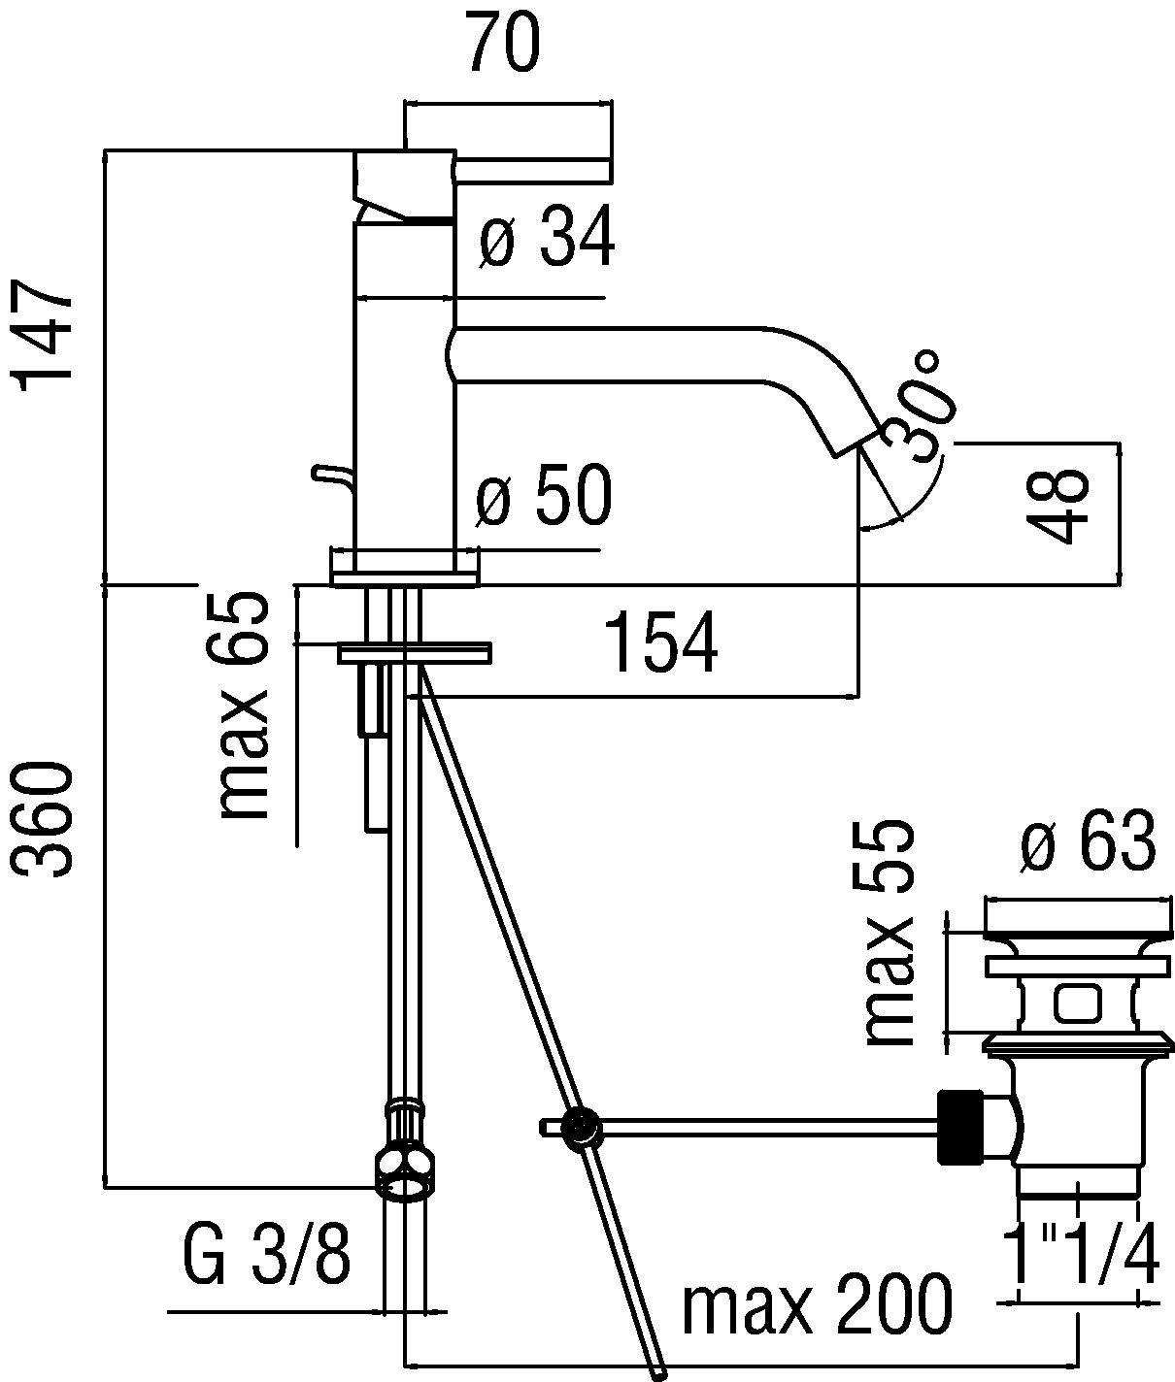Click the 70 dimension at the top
point(502,43)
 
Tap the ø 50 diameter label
point(545,495)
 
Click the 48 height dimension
point(1057,507)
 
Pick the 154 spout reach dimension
point(660,643)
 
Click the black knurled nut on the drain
point(960,1126)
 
